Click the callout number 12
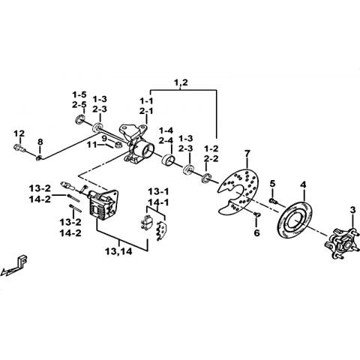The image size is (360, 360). [19, 133]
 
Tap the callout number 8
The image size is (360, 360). [40, 142]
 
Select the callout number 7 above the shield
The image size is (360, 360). [247, 154]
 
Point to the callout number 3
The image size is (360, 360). [352, 211]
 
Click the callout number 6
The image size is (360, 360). [256, 232]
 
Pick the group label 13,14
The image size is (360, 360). [118, 252]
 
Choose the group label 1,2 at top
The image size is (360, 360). [181, 82]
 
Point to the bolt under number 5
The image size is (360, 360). [272, 201]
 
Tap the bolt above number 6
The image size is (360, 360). [256, 214]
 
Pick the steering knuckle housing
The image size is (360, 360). [136, 144]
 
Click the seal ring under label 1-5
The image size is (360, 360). [79, 119]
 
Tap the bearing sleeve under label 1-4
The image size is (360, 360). [169, 160]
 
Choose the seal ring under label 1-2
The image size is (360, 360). [206, 178]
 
